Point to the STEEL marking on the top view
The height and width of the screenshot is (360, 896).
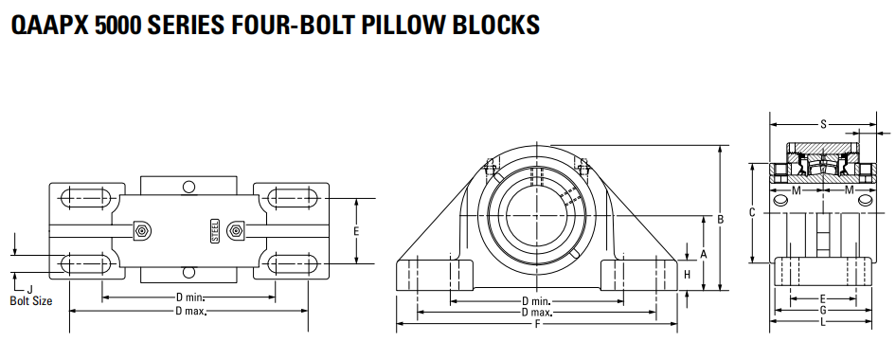[215, 231]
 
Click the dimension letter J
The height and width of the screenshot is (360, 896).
[29, 289]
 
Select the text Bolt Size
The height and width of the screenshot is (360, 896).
[31, 300]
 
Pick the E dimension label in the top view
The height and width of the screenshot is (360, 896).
[356, 231]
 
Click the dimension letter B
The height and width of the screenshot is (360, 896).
[721, 218]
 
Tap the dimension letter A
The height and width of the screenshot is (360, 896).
[704, 254]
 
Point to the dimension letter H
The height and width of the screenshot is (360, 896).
[688, 275]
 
